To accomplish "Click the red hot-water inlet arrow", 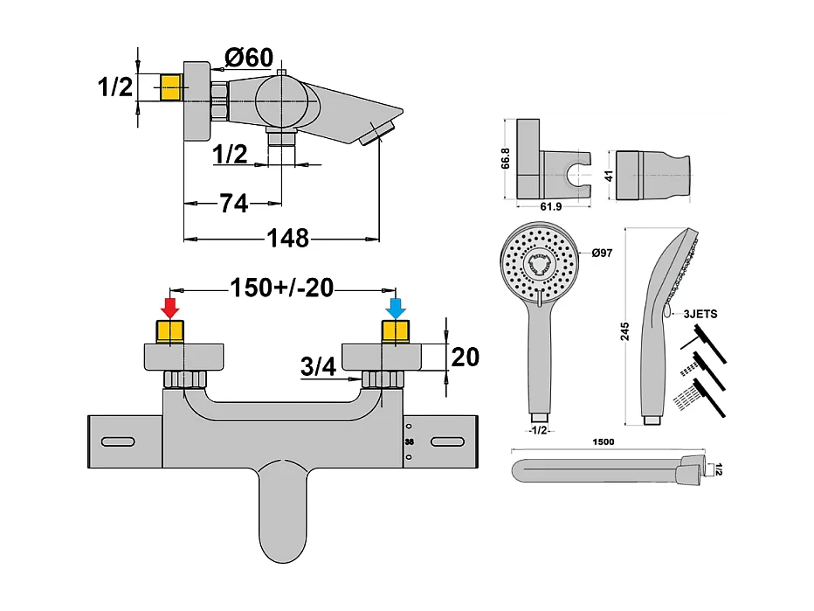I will coord(170,308).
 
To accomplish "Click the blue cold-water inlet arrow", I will coord(395,308).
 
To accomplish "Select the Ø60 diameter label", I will coord(249,58).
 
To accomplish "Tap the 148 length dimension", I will coord(288,237).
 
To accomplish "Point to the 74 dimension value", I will coord(232,204).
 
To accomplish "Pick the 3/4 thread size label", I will coord(319,368).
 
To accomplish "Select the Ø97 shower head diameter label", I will coord(603,253).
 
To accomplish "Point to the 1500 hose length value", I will coord(603,441).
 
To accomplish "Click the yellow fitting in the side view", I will coord(170,88).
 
